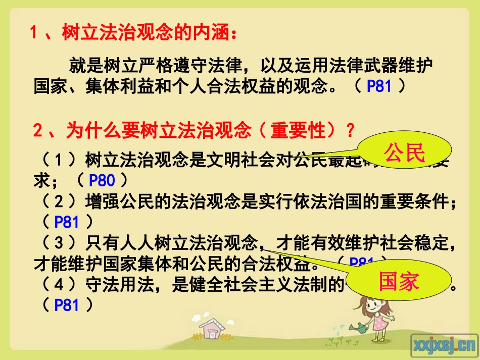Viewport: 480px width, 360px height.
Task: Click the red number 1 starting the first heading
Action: [35, 33]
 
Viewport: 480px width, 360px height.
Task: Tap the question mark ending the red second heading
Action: [350, 131]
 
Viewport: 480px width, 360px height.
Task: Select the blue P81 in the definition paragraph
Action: [379, 86]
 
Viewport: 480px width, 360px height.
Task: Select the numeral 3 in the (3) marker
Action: [60, 243]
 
